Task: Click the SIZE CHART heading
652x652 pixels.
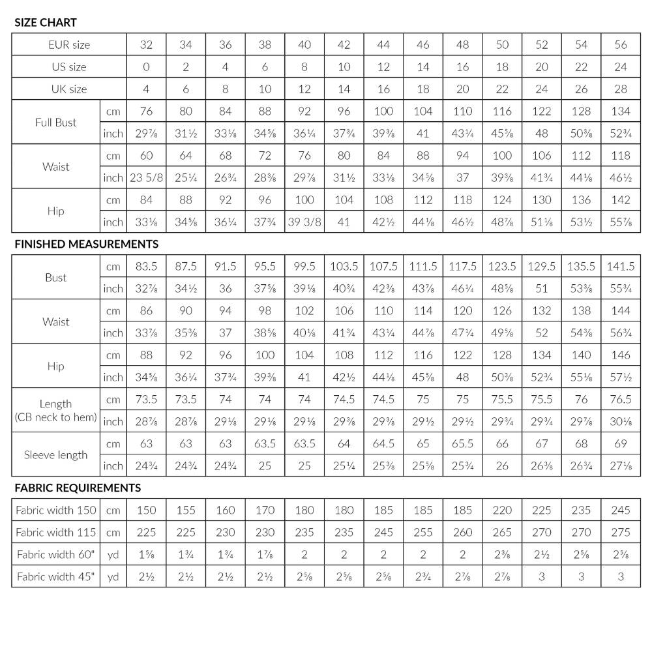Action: (x=46, y=23)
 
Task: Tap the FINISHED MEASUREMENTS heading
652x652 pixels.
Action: (x=87, y=244)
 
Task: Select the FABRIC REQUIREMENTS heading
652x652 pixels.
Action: (x=78, y=488)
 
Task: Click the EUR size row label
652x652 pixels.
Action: (x=69, y=45)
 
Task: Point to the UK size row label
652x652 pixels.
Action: (x=69, y=89)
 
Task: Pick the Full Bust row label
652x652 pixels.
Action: (x=56, y=123)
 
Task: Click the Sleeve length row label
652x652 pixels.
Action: (x=56, y=455)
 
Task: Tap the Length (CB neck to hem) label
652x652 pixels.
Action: (x=56, y=411)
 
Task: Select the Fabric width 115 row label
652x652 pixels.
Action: (x=56, y=533)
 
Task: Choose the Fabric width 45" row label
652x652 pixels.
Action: (x=56, y=576)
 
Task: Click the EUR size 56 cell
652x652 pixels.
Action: (x=621, y=45)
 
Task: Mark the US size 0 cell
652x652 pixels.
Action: (x=146, y=67)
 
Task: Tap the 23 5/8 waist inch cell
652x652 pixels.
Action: (x=146, y=177)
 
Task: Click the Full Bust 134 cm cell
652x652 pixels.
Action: (x=621, y=111)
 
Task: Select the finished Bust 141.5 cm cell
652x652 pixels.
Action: (x=621, y=267)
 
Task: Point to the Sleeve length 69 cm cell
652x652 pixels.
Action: (x=621, y=444)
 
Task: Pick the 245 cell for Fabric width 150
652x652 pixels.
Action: (x=621, y=511)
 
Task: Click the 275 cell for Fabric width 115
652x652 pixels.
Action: (x=621, y=533)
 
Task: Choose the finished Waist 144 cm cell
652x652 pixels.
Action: (x=621, y=311)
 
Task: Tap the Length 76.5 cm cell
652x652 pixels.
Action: (x=621, y=400)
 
